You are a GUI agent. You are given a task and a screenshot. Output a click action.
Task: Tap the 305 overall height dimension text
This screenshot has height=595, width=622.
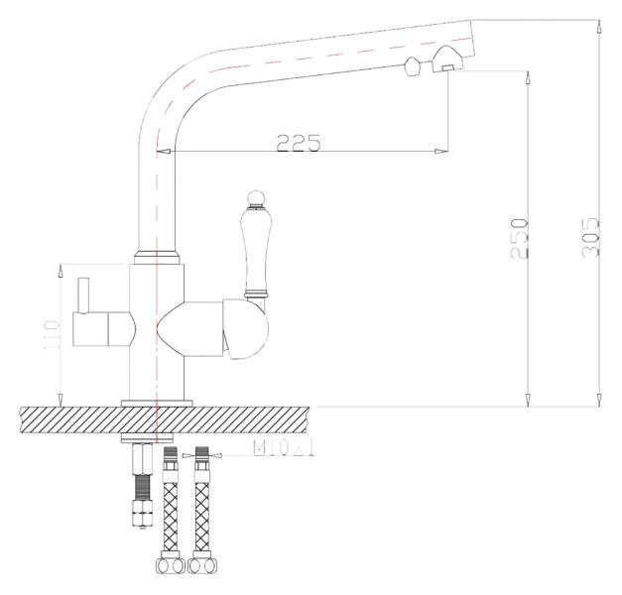pyautogui.click(x=591, y=237)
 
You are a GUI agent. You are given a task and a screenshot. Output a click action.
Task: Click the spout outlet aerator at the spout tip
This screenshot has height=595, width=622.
pyautogui.click(x=445, y=67)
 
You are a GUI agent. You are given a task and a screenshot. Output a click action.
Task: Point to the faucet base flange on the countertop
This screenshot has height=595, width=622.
pyautogui.click(x=157, y=402)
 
